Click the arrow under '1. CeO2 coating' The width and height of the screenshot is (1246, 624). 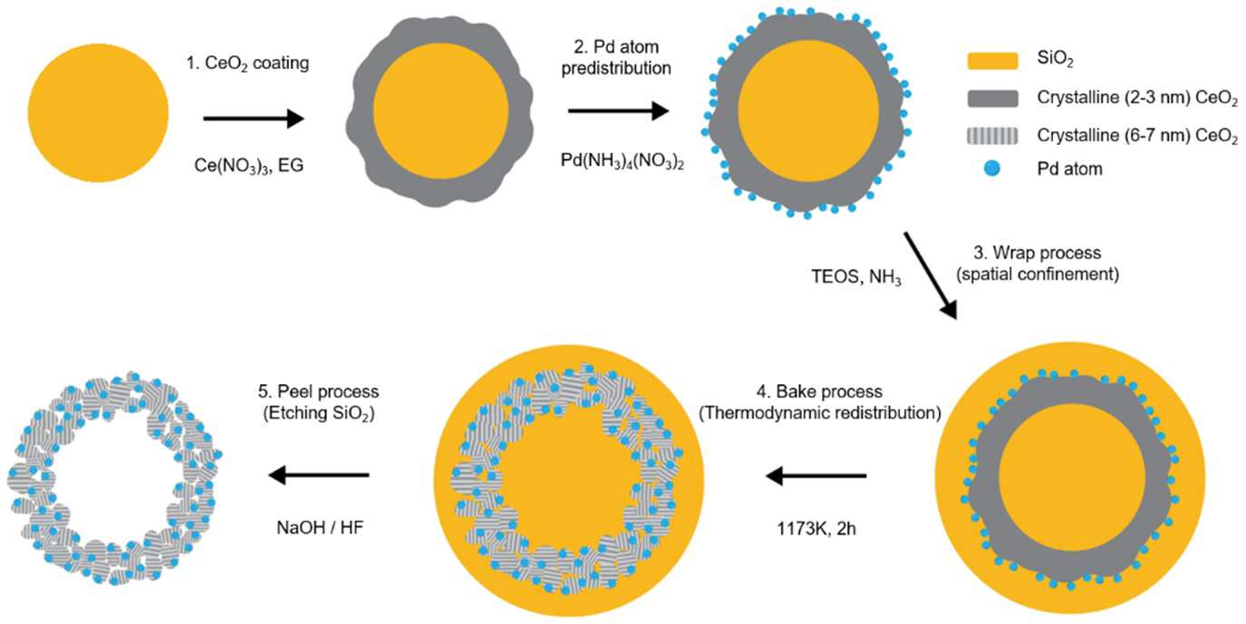tap(254, 119)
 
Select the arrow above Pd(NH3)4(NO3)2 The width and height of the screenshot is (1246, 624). tap(618, 110)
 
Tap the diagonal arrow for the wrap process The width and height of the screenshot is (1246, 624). tap(930, 276)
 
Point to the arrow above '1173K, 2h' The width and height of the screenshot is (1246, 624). tap(816, 476)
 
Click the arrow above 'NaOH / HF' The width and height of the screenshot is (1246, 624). tap(319, 475)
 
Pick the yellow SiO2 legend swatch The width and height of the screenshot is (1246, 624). tap(993, 61)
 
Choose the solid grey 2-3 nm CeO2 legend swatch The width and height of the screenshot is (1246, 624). tap(993, 99)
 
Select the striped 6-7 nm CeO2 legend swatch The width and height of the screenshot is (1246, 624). tap(993, 136)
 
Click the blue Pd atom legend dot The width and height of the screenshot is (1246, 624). tap(991, 168)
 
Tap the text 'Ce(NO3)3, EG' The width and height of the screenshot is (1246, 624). tap(248, 166)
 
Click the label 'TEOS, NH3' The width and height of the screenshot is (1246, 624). tap(856, 277)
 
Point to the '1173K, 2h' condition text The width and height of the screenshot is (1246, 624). tap(816, 528)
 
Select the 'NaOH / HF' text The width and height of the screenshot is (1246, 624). tap(320, 527)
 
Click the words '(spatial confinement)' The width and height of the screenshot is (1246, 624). tap(1038, 274)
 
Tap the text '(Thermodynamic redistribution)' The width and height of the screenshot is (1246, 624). tap(820, 413)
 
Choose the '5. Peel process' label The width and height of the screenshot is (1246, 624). tap(319, 391)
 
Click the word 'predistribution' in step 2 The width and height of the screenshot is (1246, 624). tap(616, 68)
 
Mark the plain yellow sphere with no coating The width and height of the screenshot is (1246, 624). tap(98, 113)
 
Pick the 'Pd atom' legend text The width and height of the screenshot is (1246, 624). tap(1069, 169)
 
